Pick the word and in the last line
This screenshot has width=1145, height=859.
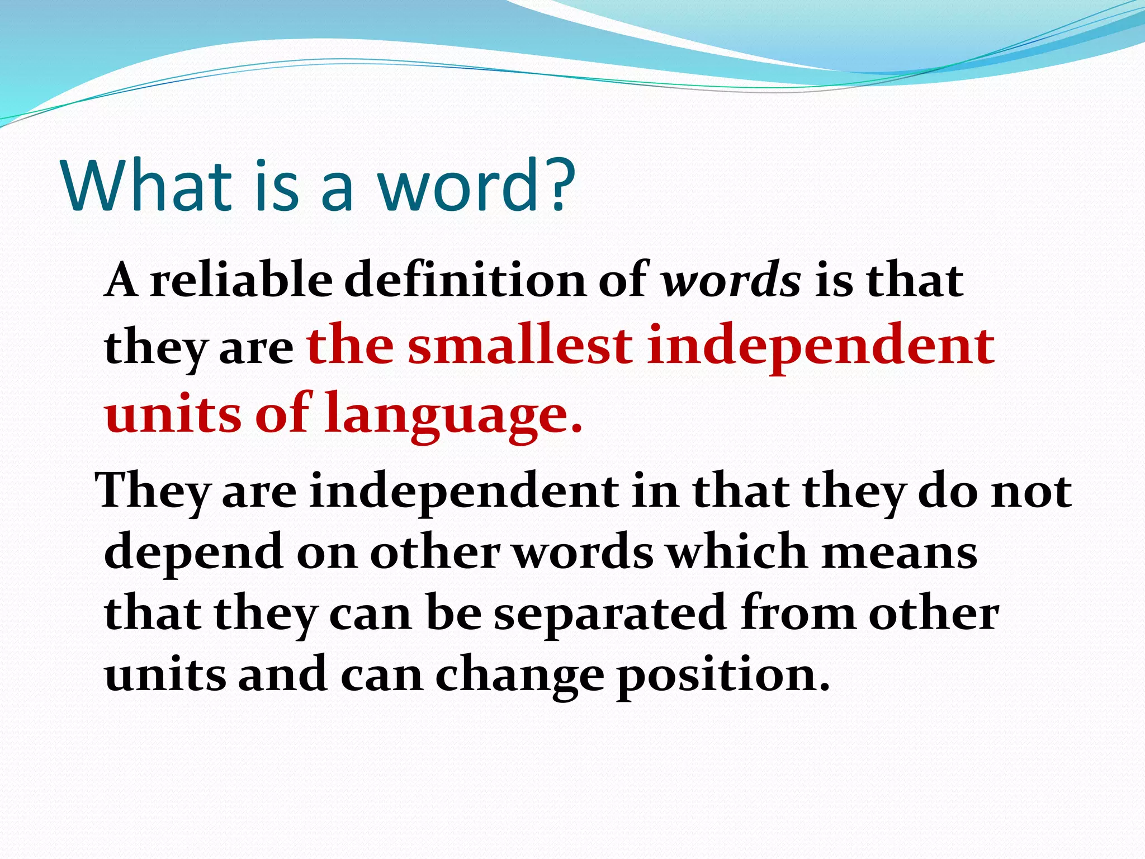tap(283, 674)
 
